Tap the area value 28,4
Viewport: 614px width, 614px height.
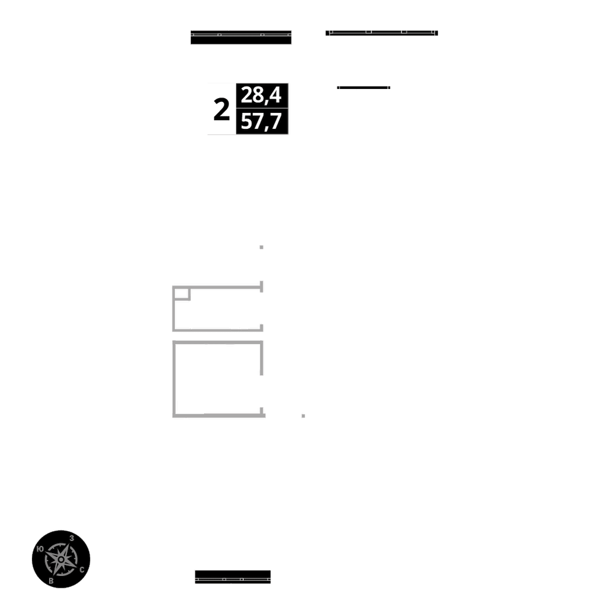click(262, 95)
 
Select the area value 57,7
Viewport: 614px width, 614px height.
click(262, 122)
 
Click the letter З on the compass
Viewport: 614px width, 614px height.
click(72, 538)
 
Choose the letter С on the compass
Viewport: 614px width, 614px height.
click(82, 570)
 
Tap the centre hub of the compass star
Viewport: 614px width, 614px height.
click(61, 559)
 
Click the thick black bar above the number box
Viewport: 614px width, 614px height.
click(241, 37)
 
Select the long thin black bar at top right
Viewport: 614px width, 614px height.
click(381, 33)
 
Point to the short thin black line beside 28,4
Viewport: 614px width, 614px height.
click(363, 88)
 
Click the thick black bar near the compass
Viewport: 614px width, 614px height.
click(233, 577)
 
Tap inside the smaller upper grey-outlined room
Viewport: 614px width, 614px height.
click(221, 309)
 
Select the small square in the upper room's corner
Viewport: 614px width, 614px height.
click(181, 293)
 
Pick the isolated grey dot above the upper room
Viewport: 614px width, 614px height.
click(262, 247)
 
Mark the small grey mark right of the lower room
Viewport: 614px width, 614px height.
click(303, 416)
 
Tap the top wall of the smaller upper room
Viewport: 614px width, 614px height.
click(218, 286)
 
